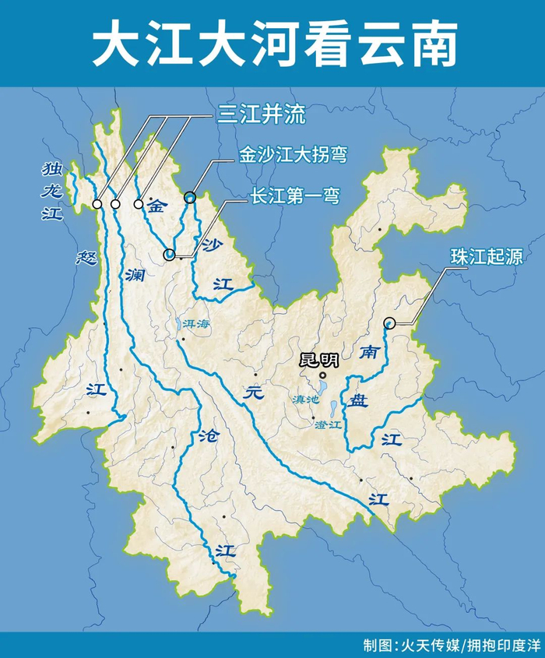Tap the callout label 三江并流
(x=261, y=117)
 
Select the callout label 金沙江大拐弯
(x=292, y=156)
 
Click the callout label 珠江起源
(x=485, y=257)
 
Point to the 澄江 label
(x=327, y=425)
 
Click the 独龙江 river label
(x=51, y=191)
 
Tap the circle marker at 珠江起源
(x=390, y=323)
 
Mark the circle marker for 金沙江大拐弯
(x=190, y=198)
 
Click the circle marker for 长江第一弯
(x=170, y=254)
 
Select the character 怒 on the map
(x=86, y=259)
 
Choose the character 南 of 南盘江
(x=369, y=353)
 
